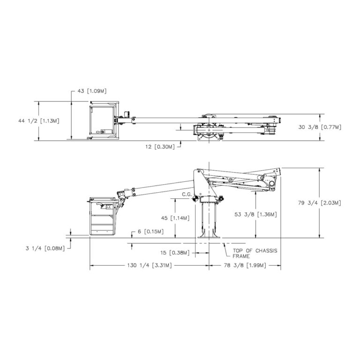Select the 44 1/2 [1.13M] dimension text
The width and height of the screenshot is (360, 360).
(39, 120)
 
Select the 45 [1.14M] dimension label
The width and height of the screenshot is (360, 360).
(174, 218)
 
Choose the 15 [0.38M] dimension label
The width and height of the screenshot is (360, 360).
(175, 253)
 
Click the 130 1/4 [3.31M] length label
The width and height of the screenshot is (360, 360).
(149, 265)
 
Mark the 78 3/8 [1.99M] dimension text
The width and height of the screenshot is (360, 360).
(244, 265)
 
